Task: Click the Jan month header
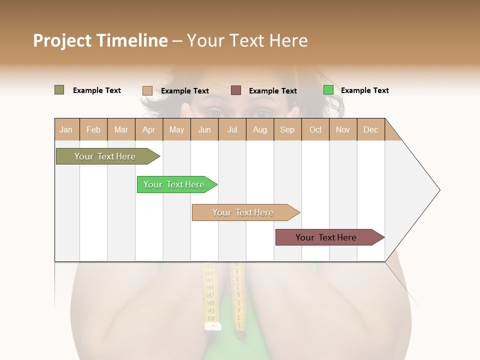click(x=66, y=129)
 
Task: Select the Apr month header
click(x=148, y=129)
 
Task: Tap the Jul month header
click(x=232, y=129)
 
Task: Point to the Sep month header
click(x=287, y=129)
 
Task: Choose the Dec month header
click(x=370, y=129)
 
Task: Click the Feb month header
click(x=93, y=129)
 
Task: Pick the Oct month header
click(x=315, y=129)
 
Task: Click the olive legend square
click(x=59, y=90)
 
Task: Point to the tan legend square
click(x=147, y=90)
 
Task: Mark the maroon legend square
click(x=236, y=90)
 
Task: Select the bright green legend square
click(x=328, y=90)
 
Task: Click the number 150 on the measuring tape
click(x=211, y=318)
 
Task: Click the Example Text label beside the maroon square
click(x=273, y=91)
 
